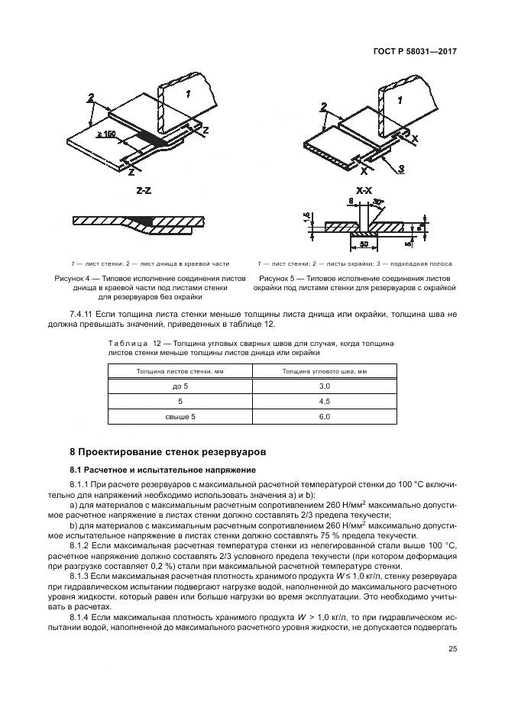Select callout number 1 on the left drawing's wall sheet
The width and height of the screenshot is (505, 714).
point(187,92)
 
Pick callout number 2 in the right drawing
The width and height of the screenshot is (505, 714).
point(323,106)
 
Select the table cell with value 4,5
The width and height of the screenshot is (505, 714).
point(323,401)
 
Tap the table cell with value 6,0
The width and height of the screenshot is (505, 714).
point(323,416)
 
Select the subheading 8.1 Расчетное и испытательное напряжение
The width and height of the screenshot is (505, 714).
point(163,470)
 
